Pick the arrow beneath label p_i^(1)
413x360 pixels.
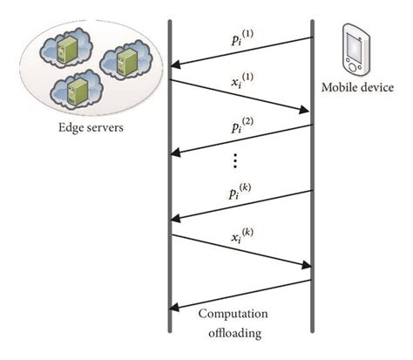click(241, 51)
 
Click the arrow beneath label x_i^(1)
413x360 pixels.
click(241, 96)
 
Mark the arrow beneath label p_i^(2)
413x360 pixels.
click(241, 139)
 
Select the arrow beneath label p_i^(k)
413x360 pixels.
click(241, 206)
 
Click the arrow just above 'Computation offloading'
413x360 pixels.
click(241, 294)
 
